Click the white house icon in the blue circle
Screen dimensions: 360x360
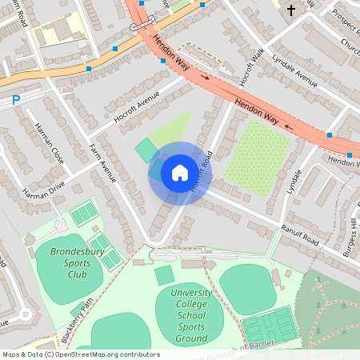(x=180, y=172)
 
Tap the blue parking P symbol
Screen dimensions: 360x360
(x=15, y=101)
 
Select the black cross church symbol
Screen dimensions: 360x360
(x=290, y=10)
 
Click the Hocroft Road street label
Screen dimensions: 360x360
(x=200, y=170)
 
